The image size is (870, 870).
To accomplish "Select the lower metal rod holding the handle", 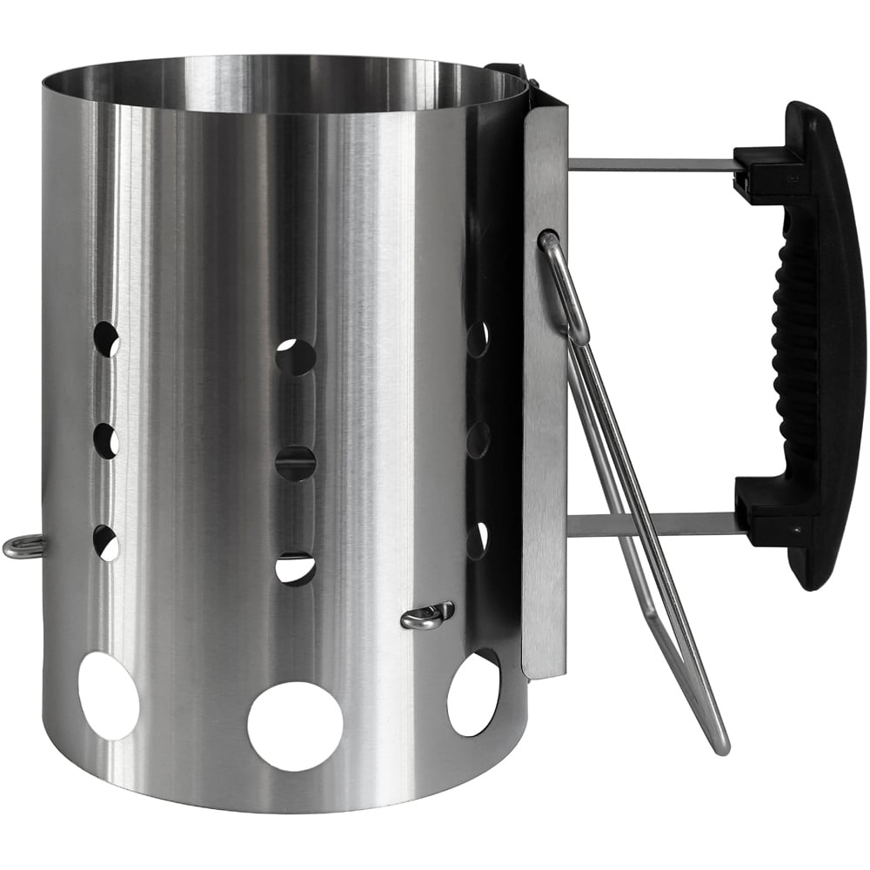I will [x=652, y=524].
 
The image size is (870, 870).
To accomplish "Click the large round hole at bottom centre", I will [x=295, y=725].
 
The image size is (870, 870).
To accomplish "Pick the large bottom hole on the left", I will [x=109, y=695].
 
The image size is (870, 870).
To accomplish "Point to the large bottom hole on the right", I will [x=474, y=693].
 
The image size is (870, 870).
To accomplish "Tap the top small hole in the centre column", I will [x=296, y=357].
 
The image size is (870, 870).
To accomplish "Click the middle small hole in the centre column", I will [x=296, y=463].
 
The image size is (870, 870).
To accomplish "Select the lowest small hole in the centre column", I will [x=296, y=568].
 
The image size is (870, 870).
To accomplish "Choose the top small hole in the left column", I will [x=106, y=338].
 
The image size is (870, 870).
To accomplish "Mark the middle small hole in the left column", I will [x=106, y=441].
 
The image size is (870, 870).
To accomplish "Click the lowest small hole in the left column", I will [x=106, y=543].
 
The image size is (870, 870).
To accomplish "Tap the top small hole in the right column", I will [x=478, y=339].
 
